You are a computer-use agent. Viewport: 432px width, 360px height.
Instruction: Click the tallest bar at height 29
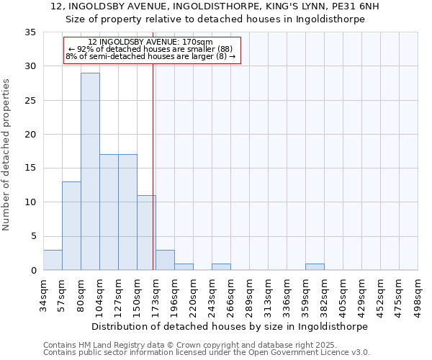[90, 171]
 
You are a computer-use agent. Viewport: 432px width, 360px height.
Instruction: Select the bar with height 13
[71, 225]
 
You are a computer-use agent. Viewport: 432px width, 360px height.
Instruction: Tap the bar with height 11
[146, 233]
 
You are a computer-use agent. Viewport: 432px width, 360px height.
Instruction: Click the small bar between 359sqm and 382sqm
[315, 266]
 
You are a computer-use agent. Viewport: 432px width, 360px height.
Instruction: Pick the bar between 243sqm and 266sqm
[221, 266]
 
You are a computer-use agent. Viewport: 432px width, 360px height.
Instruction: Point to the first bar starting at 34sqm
[53, 260]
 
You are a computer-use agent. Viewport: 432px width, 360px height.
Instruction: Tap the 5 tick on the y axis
[32, 236]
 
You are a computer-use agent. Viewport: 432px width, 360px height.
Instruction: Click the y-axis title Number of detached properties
[7, 155]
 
